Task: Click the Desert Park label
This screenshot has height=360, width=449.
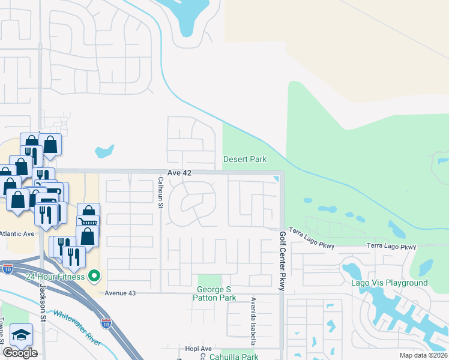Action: (244, 159)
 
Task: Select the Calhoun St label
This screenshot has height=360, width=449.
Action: (161, 193)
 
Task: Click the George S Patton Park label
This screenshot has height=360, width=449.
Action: (215, 293)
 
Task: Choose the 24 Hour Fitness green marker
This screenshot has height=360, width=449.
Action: (94, 276)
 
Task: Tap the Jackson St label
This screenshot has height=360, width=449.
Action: (43, 306)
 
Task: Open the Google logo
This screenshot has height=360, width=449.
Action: (20, 352)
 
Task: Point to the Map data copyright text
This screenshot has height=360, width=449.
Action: (423, 355)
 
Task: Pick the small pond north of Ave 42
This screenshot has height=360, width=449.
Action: (104, 151)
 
